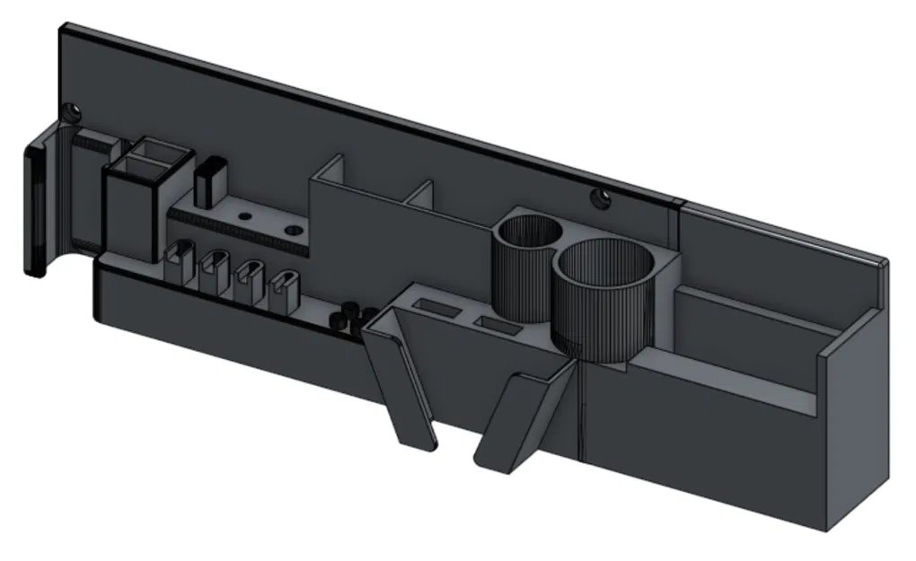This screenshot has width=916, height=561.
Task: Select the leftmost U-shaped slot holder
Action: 181,259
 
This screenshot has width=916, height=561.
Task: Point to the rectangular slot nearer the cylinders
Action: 495,323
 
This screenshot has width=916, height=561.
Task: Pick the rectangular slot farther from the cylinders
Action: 439,308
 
